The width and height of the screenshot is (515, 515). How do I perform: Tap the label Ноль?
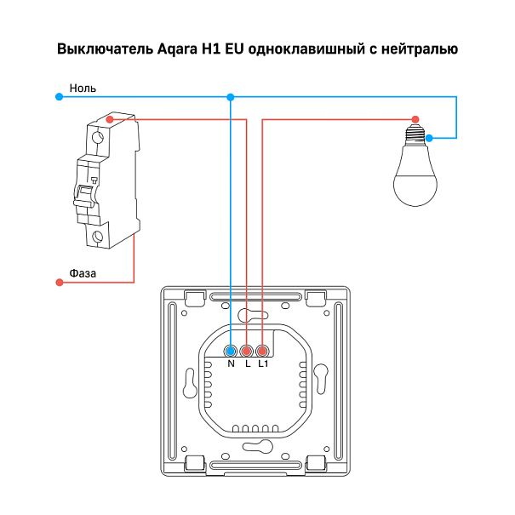point(83,88)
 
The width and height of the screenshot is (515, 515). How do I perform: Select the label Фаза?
point(83,273)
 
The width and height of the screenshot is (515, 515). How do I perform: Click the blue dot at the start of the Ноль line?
point(59,96)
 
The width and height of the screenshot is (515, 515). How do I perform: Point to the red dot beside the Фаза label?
point(60,283)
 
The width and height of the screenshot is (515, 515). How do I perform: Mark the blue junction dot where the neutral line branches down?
point(231,97)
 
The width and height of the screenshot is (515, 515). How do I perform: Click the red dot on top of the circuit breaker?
point(110,119)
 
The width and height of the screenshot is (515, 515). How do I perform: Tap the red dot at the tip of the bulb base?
point(415,119)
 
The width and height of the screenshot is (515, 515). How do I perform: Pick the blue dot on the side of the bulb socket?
point(429,138)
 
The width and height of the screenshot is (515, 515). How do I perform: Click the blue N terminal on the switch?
point(231,352)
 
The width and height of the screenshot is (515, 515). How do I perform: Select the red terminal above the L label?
point(246,352)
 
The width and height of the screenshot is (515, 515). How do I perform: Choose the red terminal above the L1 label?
point(262,352)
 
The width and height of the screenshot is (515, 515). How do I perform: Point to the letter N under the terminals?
point(231,363)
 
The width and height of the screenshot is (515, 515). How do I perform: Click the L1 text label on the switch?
point(263,363)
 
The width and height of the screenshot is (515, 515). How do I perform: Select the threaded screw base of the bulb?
point(415,134)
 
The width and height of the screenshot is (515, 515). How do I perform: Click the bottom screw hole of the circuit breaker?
point(97,236)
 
